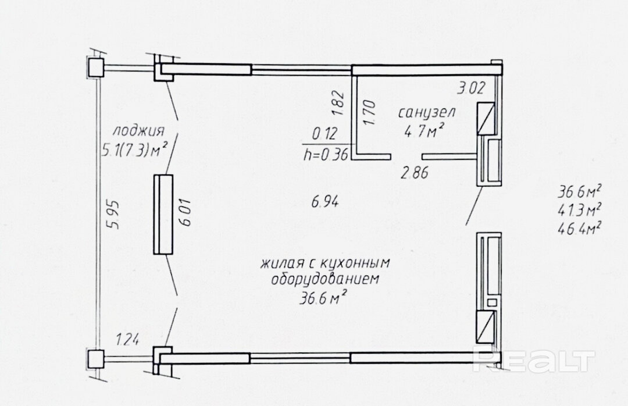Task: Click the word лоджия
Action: (x=138, y=131)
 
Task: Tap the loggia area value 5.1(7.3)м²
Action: (x=134, y=150)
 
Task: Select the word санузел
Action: (x=427, y=112)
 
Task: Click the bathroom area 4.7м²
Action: (x=424, y=131)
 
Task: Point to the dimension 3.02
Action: (x=472, y=88)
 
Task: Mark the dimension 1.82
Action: (x=339, y=104)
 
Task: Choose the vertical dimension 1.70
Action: (x=370, y=112)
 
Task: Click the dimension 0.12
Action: (x=325, y=134)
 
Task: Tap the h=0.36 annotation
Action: (x=326, y=154)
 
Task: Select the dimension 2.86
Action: (x=415, y=173)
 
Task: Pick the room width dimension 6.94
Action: (x=325, y=201)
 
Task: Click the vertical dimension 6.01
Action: (x=187, y=212)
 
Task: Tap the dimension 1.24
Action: (x=127, y=340)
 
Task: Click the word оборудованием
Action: (x=325, y=279)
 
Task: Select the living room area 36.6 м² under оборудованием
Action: (x=323, y=298)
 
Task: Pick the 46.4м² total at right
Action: (x=580, y=229)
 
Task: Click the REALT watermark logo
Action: (x=534, y=359)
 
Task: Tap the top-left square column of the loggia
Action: (x=96, y=67)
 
